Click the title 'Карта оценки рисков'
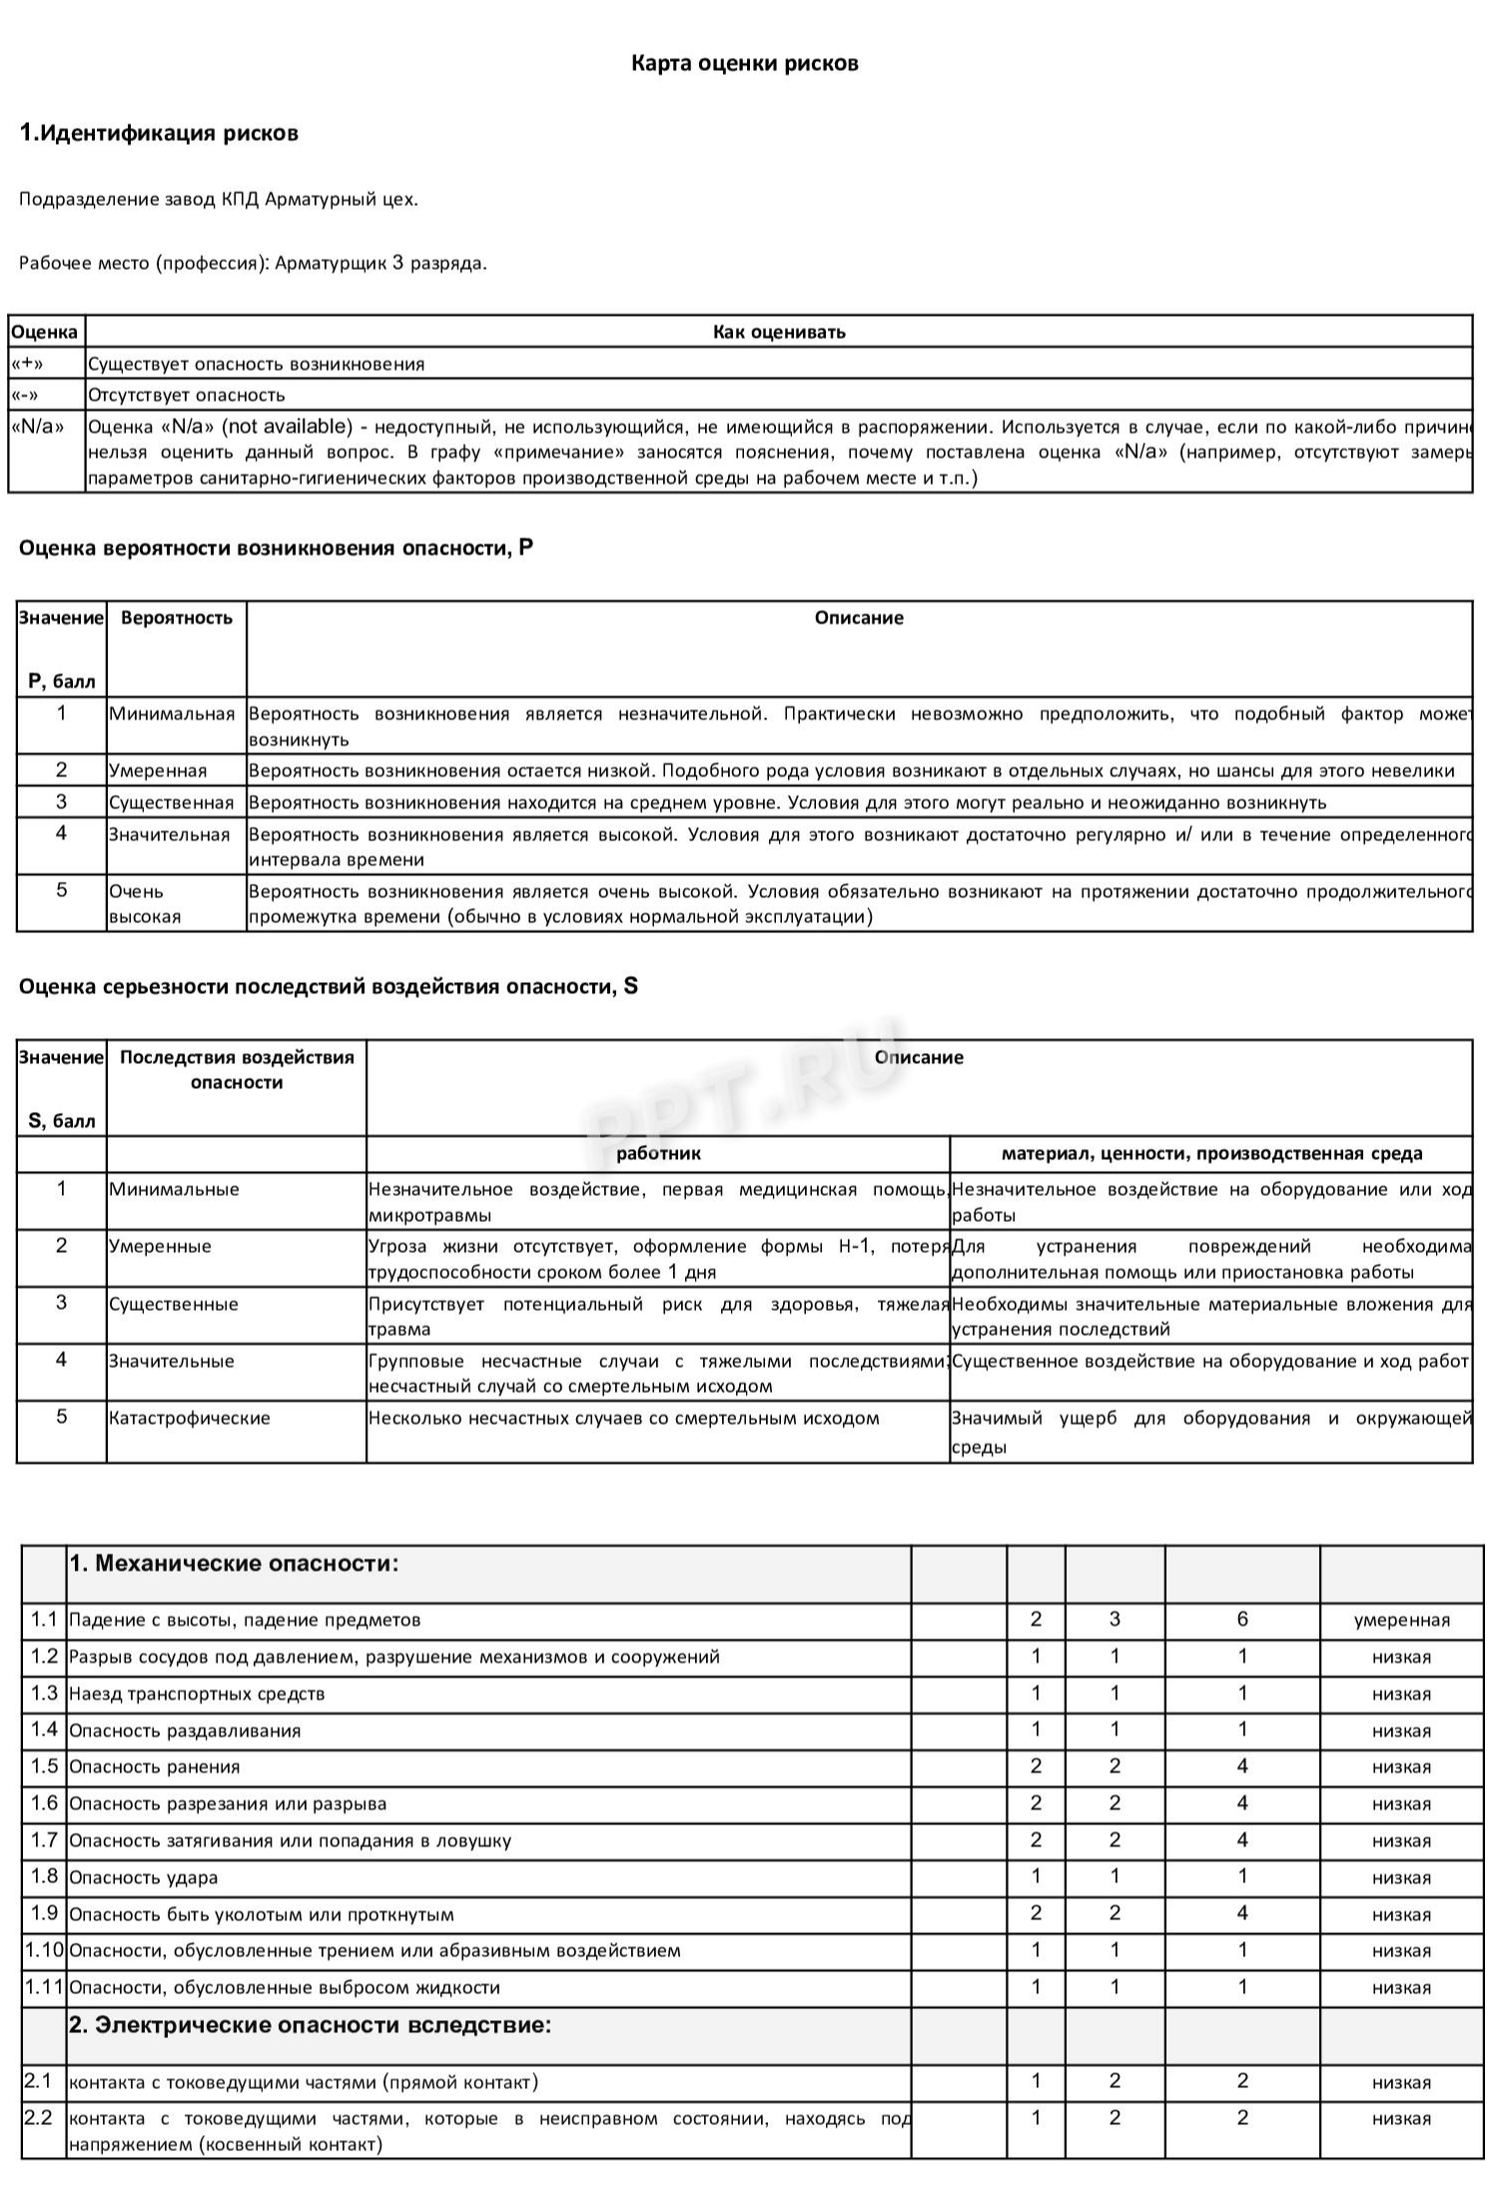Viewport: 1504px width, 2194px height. tap(744, 64)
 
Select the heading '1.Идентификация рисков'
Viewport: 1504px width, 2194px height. tap(159, 134)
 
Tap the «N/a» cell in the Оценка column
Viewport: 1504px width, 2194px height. tap(37, 427)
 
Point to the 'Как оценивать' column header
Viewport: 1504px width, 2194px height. tap(779, 332)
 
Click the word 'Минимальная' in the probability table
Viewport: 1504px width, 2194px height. tap(172, 713)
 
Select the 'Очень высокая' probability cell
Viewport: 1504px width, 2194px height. tap(146, 903)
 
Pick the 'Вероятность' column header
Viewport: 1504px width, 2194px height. tap(176, 617)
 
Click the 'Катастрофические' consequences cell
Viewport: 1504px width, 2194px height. tap(190, 1418)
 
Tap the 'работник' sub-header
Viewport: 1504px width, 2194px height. tap(658, 1153)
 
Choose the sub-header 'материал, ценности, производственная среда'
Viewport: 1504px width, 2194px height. tap(1211, 1153)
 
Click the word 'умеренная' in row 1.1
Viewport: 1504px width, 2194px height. tap(1401, 1621)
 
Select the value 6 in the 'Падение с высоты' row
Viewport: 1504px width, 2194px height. tap(1242, 1620)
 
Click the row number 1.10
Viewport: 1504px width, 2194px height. tap(44, 1950)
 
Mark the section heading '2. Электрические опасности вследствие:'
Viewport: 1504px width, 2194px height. tap(310, 2025)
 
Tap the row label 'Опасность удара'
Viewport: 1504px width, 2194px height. tap(144, 1877)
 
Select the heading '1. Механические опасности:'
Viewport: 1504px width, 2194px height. tap(234, 1564)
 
